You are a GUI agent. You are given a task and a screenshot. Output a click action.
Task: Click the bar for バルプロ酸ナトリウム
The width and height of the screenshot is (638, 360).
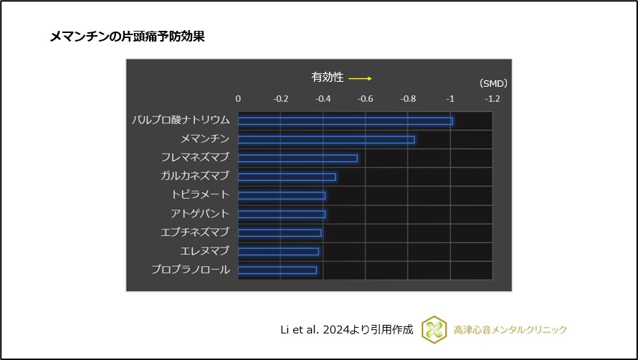345,120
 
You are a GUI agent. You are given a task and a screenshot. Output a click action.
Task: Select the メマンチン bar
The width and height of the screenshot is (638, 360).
326,139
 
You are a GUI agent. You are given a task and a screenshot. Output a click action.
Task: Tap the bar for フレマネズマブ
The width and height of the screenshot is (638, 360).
297,158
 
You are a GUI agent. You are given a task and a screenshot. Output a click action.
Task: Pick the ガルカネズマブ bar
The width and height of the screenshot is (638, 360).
287,176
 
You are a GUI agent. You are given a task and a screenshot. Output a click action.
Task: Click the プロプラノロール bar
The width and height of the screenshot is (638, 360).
277,270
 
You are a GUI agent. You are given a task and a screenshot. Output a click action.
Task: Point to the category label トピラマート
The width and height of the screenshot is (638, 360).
200,195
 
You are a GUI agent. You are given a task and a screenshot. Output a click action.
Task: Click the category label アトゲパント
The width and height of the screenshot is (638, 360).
200,214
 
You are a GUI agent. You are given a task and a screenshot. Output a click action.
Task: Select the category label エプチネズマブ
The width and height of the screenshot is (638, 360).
195,232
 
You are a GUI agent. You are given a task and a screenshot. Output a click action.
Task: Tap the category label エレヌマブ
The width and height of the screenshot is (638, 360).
205,251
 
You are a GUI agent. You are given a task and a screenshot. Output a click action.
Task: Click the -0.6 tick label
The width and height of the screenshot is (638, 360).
365,99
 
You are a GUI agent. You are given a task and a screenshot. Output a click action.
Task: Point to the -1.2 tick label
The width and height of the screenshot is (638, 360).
492,99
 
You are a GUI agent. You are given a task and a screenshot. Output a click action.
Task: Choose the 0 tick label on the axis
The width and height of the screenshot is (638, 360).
238,99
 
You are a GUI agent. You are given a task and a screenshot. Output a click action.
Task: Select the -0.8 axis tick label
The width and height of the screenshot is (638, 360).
407,99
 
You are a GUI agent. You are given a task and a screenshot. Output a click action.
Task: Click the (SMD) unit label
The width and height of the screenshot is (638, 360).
493,83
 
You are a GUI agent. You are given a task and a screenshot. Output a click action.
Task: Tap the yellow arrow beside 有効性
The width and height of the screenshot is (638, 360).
360,78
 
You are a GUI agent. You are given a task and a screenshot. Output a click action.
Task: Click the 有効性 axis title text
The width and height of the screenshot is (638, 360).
327,77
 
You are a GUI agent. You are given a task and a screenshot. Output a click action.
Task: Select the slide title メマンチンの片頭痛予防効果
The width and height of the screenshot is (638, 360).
127,37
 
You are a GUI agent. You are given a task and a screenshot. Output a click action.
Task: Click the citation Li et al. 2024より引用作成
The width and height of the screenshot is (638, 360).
346,330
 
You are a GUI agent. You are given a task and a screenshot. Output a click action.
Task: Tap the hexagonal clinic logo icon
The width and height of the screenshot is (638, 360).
434,329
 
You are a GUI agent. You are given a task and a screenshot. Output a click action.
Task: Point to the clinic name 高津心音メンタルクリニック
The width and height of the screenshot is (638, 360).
510,330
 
